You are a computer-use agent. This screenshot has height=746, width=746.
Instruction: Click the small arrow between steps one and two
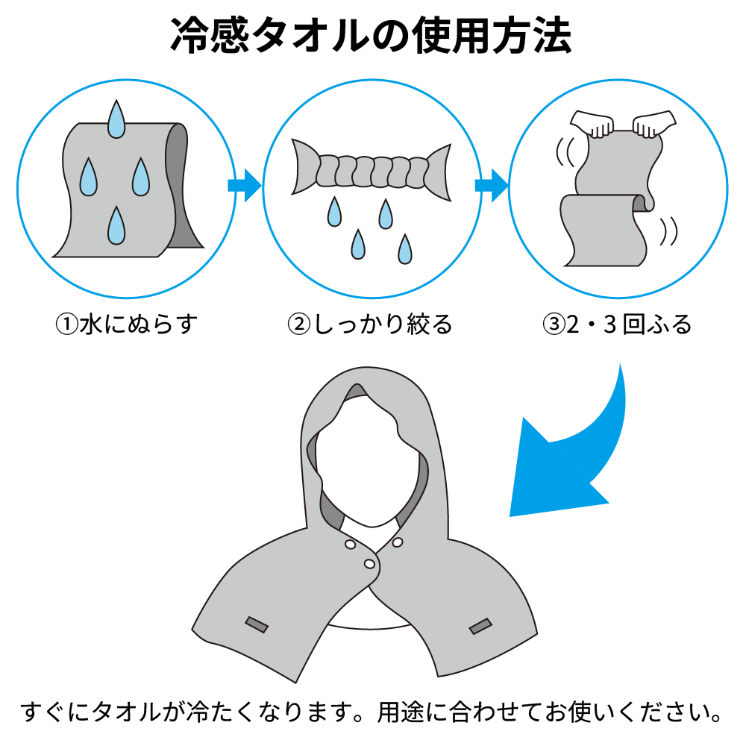244,185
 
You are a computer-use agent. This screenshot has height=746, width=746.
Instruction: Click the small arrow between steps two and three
491,185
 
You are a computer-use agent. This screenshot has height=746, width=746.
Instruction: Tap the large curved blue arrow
578,455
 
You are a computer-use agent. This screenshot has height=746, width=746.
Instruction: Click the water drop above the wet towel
116,119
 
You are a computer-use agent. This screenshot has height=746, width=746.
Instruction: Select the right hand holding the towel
653,122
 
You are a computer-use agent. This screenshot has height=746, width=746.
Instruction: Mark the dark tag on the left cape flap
257,624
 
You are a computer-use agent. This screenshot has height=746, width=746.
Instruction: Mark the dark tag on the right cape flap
480,626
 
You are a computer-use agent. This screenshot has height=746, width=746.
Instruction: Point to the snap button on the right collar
398,542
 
